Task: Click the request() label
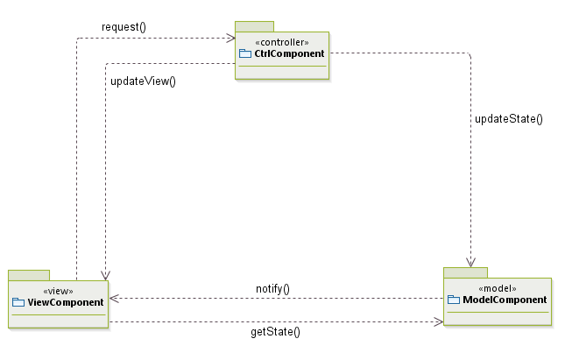(x=124, y=26)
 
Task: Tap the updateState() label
(x=508, y=118)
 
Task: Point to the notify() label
(x=272, y=288)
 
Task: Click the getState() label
(x=276, y=332)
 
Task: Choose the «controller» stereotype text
(x=281, y=42)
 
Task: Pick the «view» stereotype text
(x=58, y=291)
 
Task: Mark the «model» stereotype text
(x=497, y=288)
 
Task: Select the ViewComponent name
(x=64, y=303)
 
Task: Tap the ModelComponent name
(x=504, y=300)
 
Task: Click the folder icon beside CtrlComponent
(x=245, y=54)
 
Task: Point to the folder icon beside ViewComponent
(x=19, y=303)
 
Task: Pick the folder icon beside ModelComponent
(x=454, y=300)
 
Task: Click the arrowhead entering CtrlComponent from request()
(x=230, y=38)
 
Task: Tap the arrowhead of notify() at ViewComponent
(x=114, y=299)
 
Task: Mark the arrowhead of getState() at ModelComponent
(x=438, y=321)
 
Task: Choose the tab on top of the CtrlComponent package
(x=254, y=26)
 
